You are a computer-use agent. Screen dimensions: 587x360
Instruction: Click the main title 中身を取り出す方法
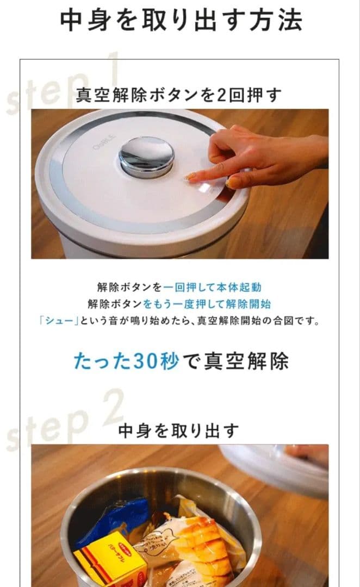[x=180, y=20]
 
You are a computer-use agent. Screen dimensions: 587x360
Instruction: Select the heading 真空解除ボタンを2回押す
[x=179, y=95]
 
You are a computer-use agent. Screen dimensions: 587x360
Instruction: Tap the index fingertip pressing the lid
[x=190, y=176]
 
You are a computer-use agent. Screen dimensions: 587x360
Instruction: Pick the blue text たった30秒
[x=126, y=361]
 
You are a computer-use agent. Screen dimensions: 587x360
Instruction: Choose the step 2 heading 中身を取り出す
[x=179, y=430]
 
